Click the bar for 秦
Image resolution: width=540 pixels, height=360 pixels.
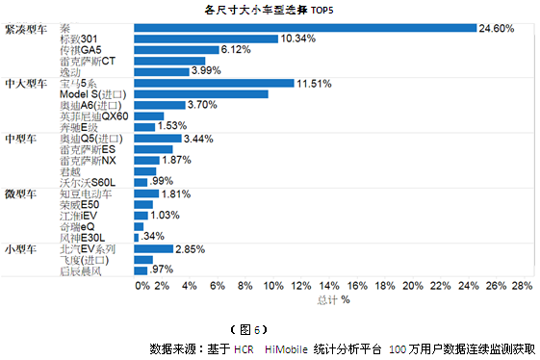click(x=305, y=28)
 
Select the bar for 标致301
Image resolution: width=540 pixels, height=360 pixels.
click(x=206, y=39)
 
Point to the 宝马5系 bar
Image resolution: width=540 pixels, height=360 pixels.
click(x=214, y=83)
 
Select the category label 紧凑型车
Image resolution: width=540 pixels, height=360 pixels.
click(x=25, y=29)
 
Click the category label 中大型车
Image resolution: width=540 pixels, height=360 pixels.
click(x=25, y=84)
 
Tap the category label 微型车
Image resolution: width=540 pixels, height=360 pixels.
click(x=19, y=194)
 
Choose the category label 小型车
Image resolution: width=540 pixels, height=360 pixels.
click(x=19, y=249)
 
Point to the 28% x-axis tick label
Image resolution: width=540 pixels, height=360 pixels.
click(x=522, y=286)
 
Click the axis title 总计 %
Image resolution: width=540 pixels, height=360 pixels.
click(x=332, y=300)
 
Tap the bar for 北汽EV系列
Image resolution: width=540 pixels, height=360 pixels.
click(x=154, y=249)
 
